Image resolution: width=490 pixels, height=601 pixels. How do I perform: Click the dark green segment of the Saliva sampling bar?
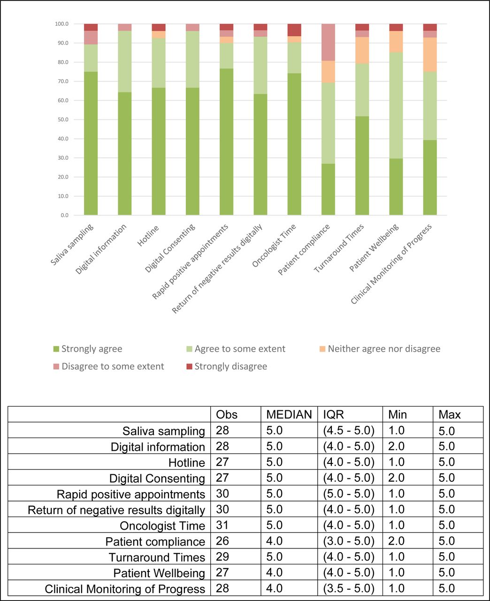coord(91,143)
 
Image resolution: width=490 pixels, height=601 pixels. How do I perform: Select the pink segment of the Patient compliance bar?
coord(328,42)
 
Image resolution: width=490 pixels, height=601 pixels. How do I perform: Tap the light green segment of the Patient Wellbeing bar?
coord(396,106)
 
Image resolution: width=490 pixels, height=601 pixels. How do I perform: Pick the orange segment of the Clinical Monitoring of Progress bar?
coord(430,54)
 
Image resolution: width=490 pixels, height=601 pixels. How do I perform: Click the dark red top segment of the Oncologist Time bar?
coord(294,30)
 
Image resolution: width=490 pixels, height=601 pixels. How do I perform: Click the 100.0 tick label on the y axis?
coord(62,24)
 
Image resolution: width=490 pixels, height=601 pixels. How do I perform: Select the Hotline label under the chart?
coord(148,236)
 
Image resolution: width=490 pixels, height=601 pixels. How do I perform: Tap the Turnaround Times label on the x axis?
coord(339,248)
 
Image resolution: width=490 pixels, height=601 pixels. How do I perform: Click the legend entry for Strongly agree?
coord(88,349)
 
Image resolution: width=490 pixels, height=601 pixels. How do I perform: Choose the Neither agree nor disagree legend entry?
coord(380,349)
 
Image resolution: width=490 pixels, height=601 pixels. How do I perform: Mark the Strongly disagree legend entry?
coord(227,366)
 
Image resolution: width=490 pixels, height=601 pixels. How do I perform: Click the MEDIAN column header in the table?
coord(289,414)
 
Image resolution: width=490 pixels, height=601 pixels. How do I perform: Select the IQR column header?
coord(333,414)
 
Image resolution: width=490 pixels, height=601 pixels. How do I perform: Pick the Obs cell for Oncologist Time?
coord(222,525)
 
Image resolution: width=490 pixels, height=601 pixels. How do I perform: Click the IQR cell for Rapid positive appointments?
coord(349,493)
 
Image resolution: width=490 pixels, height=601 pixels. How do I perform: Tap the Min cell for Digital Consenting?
coord(396,478)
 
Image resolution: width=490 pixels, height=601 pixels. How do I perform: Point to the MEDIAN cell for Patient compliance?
coord(275,541)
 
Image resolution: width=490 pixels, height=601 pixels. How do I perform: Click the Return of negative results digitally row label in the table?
coord(116,510)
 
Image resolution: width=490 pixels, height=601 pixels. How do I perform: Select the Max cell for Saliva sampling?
coord(446,431)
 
